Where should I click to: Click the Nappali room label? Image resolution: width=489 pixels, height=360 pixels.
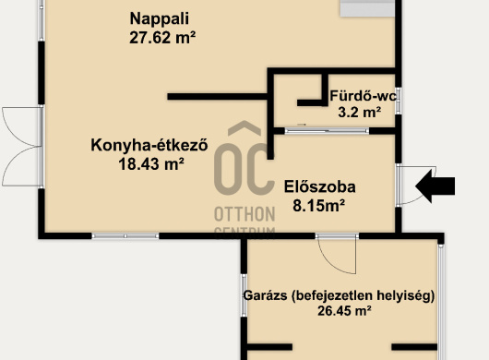(159, 18)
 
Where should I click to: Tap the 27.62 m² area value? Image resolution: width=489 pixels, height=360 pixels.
(162, 38)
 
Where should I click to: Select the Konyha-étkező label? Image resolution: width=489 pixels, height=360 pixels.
(149, 145)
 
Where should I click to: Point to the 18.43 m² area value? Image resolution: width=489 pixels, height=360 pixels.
(151, 163)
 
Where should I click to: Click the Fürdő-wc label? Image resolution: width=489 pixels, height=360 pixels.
(364, 96)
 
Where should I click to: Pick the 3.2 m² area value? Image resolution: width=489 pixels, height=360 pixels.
(360, 112)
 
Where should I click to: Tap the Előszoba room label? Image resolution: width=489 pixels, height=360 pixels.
(319, 186)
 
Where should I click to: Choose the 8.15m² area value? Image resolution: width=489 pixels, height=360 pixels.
(318, 206)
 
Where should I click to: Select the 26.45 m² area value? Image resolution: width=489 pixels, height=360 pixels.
(344, 311)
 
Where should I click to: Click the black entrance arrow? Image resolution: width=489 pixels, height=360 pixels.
(435, 186)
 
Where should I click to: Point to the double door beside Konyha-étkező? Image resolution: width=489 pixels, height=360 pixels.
(22, 147)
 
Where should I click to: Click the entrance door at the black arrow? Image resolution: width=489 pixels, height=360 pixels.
(416, 186)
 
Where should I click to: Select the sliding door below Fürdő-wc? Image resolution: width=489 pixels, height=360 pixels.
(327, 131)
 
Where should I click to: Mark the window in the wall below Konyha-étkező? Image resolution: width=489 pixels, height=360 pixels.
(125, 236)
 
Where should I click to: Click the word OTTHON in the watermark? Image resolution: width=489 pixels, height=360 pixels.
(244, 215)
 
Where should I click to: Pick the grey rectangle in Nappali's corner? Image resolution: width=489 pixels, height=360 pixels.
(367, 8)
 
